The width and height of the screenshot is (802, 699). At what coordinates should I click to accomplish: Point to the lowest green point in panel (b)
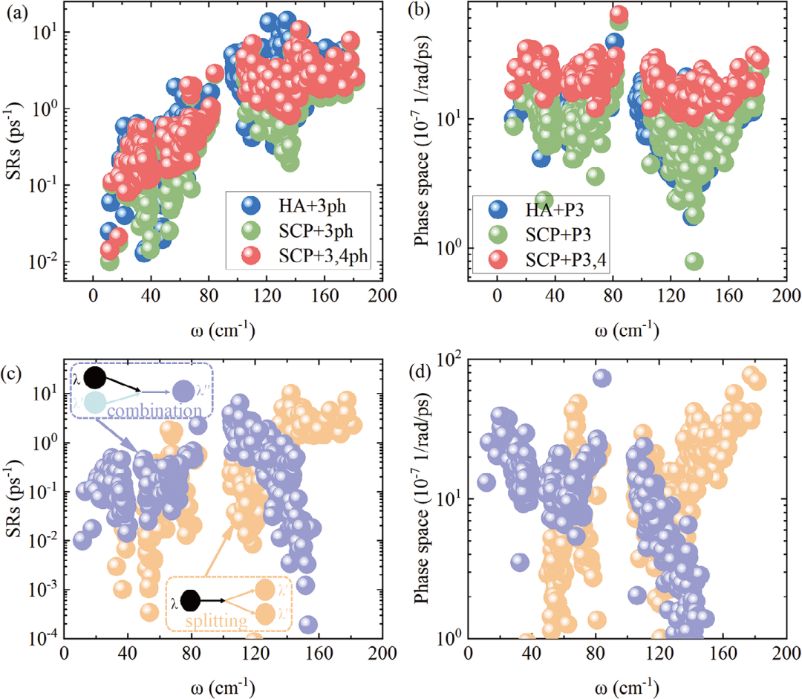(x=694, y=261)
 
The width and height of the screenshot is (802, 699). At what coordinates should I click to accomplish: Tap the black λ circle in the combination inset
(x=94, y=377)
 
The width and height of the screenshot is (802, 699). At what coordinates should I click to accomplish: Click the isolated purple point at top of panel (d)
(x=601, y=378)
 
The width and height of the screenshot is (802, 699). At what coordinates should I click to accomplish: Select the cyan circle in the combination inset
(x=94, y=402)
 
